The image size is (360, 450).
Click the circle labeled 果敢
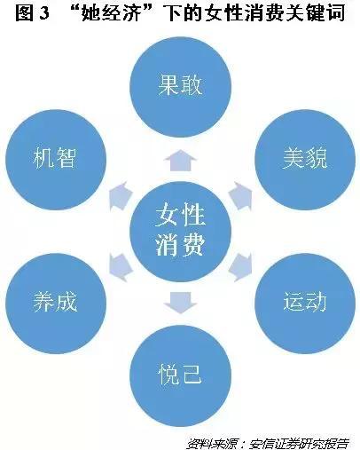(180, 87)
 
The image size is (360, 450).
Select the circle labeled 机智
(56, 160)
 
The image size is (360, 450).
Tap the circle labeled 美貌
(305, 160)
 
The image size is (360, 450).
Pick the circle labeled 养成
(56, 304)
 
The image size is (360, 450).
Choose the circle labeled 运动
(305, 304)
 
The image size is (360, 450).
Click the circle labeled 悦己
(180, 375)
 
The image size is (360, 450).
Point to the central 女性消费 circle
(180, 232)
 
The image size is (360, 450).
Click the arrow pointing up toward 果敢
(180, 161)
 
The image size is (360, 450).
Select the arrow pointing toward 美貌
(240, 196)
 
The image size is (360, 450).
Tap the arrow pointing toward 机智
(121, 196)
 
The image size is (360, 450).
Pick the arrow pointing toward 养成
(121, 267)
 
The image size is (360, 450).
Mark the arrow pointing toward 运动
(240, 267)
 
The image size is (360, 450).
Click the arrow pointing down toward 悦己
(180, 303)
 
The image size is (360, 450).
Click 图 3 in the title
(32, 13)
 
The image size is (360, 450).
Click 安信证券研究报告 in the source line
(300, 444)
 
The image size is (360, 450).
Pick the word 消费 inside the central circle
(180, 245)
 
